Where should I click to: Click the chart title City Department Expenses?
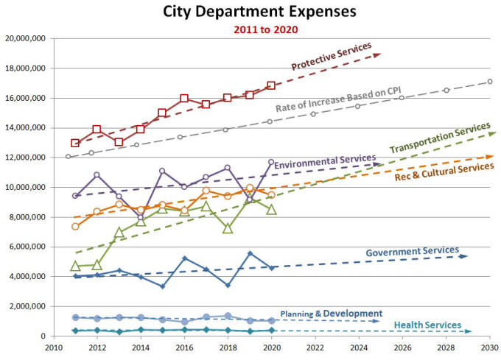[251, 13]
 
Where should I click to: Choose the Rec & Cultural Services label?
[444, 171]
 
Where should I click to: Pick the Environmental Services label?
[325, 161]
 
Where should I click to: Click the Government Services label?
[413, 252]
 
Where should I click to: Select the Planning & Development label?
[332, 314]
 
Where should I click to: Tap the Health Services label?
[428, 325]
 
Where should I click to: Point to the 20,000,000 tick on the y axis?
[25, 38]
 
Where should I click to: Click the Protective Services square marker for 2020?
[271, 85]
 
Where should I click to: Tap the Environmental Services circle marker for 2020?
[271, 162]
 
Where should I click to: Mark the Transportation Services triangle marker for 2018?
[228, 228]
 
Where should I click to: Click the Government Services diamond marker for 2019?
[250, 253]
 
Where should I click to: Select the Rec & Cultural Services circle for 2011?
[75, 226]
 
